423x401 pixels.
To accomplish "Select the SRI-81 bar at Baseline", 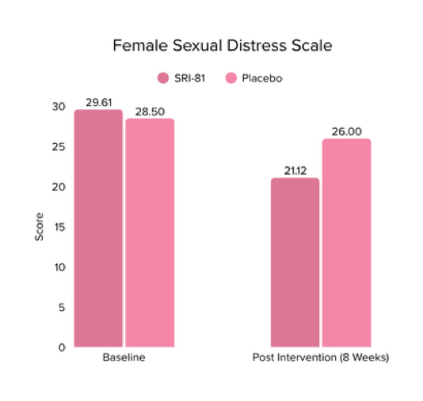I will pos(98,229).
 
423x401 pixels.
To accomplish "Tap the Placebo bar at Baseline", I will pos(150,233).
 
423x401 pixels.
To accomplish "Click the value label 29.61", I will pos(99,103).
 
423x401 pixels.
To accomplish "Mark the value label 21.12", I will pos(295,171).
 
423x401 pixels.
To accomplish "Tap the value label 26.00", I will pos(347,132).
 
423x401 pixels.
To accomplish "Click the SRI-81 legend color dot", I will pos(163,78).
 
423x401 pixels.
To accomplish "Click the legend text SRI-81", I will pos(191,78).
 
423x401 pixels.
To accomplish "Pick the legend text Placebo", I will pos(261,78).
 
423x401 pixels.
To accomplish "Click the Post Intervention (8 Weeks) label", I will pos(320,358).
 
